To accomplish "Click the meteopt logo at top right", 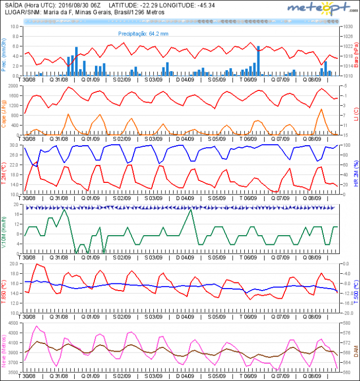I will [319, 8].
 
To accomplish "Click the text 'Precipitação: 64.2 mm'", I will [143, 33].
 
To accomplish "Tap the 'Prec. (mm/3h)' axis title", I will [5, 56].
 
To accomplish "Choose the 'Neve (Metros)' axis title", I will [5, 351].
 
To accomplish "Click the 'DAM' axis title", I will [356, 351].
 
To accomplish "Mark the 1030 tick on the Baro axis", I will [347, 26].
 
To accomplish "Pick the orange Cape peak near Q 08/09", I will [321, 109].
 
